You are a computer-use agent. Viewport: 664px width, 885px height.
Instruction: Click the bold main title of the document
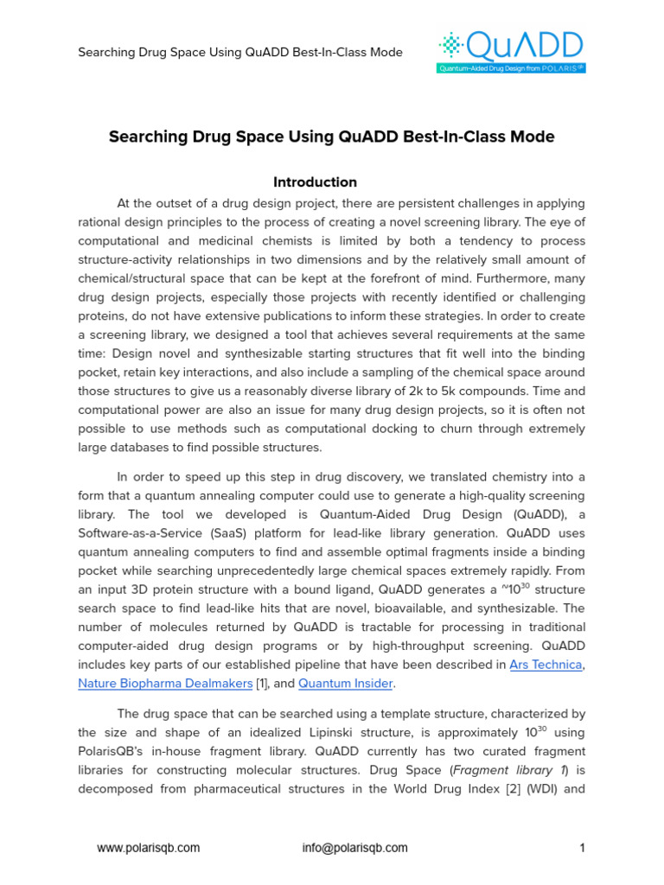331,137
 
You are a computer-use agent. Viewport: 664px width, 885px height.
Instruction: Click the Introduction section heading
315,182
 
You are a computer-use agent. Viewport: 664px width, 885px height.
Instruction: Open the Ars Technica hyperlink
546,665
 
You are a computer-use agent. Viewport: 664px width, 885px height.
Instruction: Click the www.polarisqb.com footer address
148,848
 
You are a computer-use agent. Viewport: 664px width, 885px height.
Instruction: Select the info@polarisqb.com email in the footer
354,848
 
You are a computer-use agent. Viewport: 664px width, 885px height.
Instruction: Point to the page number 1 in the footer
582,848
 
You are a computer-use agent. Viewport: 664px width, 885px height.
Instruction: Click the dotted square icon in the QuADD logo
451,44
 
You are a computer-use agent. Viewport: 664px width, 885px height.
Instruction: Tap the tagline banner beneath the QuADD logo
512,67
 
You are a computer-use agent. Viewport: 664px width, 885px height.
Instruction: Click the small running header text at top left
240,52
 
